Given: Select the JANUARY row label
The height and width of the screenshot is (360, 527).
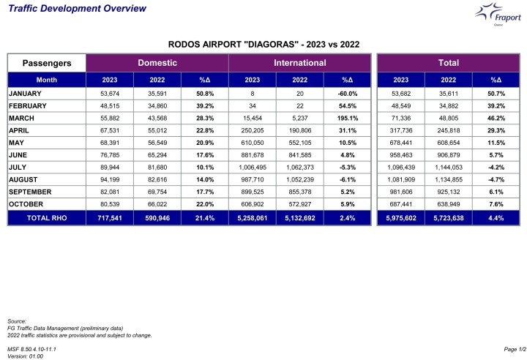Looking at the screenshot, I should (x=25, y=94).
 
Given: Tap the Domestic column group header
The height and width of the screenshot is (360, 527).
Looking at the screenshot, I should (x=157, y=63).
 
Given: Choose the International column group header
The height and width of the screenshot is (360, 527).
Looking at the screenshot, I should (x=299, y=63).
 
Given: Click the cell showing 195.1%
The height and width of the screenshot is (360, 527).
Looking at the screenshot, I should (x=347, y=118).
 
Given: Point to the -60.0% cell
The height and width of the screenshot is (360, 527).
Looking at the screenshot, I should (x=347, y=94).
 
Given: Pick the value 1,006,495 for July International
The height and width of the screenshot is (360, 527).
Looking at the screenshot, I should (x=253, y=166).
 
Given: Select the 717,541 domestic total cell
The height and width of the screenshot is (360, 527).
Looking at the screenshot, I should (x=110, y=217).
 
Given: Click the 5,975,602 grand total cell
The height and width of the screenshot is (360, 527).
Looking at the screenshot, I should (x=400, y=217).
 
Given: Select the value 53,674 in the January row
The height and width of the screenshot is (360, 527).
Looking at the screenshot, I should (x=110, y=94).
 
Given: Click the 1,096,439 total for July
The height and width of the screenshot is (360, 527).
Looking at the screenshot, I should (x=400, y=166).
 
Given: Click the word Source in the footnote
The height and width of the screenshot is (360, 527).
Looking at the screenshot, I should (x=16, y=321).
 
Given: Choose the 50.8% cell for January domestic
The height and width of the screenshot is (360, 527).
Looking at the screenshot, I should (x=205, y=94).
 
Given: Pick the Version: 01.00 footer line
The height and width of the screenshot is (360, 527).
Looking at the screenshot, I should (x=25, y=356).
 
